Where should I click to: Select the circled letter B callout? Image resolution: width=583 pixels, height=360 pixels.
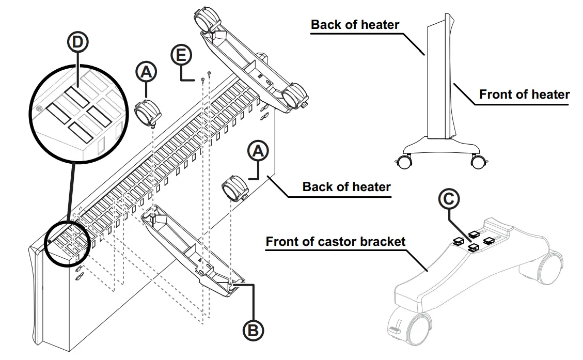(x=253, y=329)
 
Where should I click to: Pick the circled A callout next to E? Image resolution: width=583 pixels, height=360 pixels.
(x=146, y=72)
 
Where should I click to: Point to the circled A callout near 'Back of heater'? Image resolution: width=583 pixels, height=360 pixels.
(x=259, y=150)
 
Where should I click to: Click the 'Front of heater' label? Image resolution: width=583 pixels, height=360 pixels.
(x=524, y=95)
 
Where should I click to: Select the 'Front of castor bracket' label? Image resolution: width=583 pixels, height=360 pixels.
(x=336, y=241)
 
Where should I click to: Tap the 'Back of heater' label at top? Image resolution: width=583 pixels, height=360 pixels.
(x=355, y=24)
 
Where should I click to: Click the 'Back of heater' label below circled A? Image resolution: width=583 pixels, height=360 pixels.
(x=346, y=186)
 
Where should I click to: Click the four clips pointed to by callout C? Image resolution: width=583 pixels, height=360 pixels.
(x=473, y=240)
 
